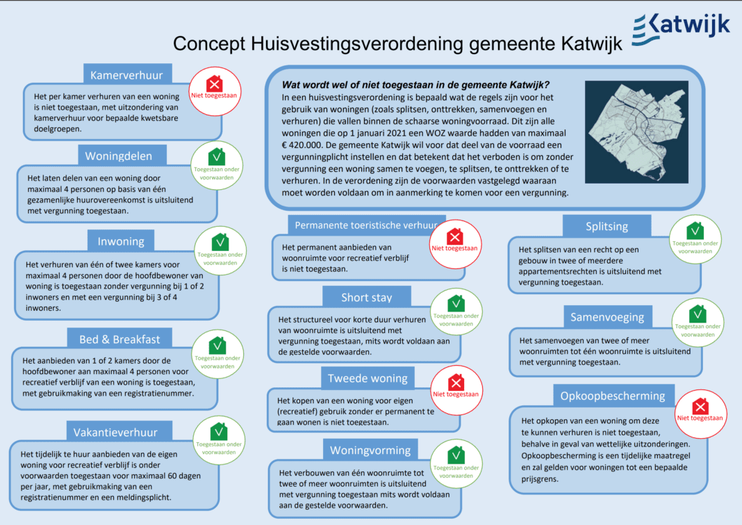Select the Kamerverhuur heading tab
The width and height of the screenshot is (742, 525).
click(x=127, y=74)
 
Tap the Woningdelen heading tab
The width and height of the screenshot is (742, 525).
click(x=124, y=155)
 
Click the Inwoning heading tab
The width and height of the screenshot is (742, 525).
click(x=121, y=241)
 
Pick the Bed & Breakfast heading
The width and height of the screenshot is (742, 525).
click(x=119, y=339)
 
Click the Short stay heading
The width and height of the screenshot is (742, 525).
click(x=366, y=298)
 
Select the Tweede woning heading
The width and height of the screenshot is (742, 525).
click(x=367, y=378)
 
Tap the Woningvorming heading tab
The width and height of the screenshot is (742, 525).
click(x=364, y=449)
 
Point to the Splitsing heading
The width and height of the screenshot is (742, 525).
click(x=607, y=226)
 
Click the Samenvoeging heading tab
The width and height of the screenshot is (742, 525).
click(x=607, y=317)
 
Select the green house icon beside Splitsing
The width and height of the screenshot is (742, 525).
click(x=695, y=231)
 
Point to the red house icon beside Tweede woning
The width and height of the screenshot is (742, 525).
click(x=456, y=382)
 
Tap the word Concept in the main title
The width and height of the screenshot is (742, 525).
click(x=208, y=43)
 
